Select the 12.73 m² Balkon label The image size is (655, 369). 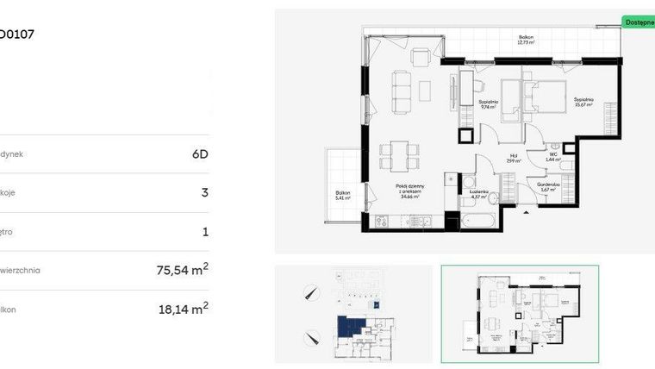coord(526,39)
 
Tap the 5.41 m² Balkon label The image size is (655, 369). coord(343,195)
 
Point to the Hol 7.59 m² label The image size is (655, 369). coord(511,159)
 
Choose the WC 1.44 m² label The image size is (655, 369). coord(552,157)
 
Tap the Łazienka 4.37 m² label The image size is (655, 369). coord(478,195)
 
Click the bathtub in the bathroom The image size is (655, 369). coord(477,222)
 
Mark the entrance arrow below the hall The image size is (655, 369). coord(526,211)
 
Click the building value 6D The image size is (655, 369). coord(199,154)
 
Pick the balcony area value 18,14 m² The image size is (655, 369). coord(183,308)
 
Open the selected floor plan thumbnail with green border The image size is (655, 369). coord(520,313)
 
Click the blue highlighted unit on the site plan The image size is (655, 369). coord(351,327)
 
